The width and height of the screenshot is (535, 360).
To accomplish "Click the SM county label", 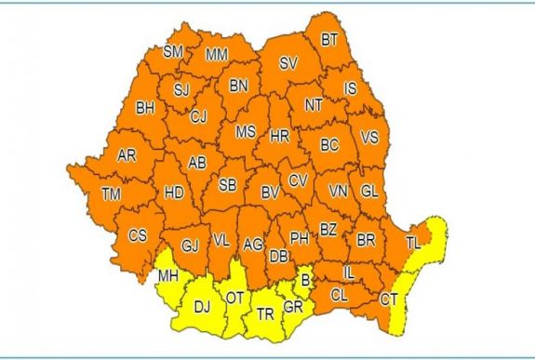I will pyautogui.click(x=173, y=52).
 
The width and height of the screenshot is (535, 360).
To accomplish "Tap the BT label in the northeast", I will pyautogui.click(x=329, y=39).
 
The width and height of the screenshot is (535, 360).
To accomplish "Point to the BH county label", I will pyautogui.click(x=145, y=108).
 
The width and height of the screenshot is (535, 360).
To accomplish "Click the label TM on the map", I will pyautogui.click(x=111, y=193).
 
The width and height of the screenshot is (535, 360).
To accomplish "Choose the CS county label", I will pyautogui.click(x=138, y=234).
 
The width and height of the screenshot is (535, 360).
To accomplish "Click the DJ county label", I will pyautogui.click(x=202, y=303).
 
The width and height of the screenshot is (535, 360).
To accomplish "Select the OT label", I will pyautogui.click(x=234, y=298).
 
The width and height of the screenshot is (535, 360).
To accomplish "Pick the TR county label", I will pyautogui.click(x=265, y=313).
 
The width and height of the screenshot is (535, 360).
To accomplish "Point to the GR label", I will pyautogui.click(x=293, y=307).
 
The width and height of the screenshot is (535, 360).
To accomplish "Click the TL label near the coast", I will pyautogui.click(x=413, y=243).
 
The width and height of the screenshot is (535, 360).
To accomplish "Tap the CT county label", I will pyautogui.click(x=389, y=300).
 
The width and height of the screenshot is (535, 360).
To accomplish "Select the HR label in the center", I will pyautogui.click(x=279, y=135).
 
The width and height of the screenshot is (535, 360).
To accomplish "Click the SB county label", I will pyautogui.click(x=227, y=185).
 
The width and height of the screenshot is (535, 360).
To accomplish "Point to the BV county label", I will pyautogui.click(x=270, y=193).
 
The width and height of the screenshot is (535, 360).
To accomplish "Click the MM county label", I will pyautogui.click(x=216, y=55).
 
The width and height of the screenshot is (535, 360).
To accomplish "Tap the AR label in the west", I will pyautogui.click(x=127, y=155).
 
